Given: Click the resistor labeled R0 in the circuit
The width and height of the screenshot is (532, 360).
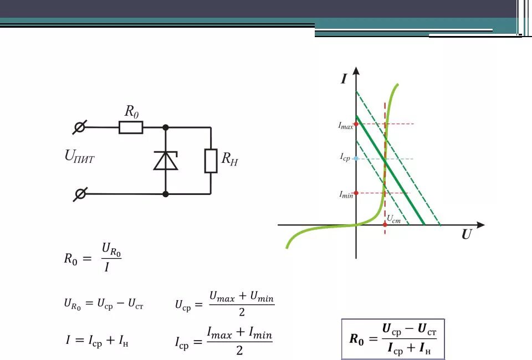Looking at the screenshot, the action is [x=131, y=128].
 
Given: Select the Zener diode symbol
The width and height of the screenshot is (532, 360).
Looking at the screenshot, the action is [x=166, y=160].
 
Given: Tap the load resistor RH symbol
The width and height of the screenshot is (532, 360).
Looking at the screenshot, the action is [x=211, y=161].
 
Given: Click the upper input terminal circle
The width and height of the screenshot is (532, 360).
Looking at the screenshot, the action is [x=80, y=128].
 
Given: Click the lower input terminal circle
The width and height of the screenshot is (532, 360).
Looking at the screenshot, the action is [x=80, y=194].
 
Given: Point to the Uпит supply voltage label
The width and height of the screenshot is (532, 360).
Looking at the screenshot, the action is [x=80, y=157].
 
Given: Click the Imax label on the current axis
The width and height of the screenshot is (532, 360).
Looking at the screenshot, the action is [x=346, y=126].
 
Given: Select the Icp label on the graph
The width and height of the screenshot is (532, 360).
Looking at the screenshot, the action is [x=345, y=157].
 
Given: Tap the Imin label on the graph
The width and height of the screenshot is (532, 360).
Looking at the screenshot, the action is [x=346, y=194].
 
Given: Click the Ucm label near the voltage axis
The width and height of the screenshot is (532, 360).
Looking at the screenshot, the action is [x=393, y=219].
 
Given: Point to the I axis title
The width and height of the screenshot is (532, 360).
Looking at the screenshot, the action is [x=344, y=79].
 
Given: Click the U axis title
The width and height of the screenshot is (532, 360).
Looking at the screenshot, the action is [x=467, y=235].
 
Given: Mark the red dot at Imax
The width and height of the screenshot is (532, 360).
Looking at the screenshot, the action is [x=356, y=124].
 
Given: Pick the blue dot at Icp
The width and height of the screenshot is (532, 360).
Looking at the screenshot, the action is [x=356, y=159].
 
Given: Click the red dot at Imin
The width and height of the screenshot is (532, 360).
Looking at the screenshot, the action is [x=356, y=193].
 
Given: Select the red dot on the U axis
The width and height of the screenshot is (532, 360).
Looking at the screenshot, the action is [x=385, y=225].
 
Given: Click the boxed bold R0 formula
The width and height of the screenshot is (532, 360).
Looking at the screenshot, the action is [x=393, y=339].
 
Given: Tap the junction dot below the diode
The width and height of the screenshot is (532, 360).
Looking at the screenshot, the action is [x=166, y=194].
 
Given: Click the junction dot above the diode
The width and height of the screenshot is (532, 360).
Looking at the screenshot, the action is [x=166, y=128].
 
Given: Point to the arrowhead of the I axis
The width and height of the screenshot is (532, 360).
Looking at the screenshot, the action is [x=356, y=71].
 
